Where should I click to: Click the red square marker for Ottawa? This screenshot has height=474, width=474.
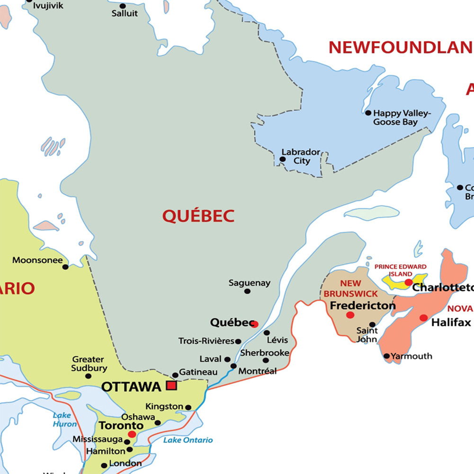point(171,385)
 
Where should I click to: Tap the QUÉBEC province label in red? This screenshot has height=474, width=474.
point(198,216)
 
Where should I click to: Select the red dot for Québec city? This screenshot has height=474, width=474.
point(255,324)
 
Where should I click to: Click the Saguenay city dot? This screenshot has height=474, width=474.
point(247,291)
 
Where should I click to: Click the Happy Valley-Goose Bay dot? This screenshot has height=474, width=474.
point(368,113)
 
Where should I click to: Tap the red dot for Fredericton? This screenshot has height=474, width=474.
point(350,315)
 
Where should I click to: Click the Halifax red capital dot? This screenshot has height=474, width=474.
point(423,318)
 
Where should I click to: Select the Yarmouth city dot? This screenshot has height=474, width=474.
point(387,356)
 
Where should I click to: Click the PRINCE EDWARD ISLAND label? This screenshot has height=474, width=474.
point(401,270)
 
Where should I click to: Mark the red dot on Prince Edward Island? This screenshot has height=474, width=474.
point(408,282)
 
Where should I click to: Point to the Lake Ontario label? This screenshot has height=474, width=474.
point(188,440)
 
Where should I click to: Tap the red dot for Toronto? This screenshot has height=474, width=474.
point(132,434)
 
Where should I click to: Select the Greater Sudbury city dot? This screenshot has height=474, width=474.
point(88,376)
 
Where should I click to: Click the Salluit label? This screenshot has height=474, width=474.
point(125,13)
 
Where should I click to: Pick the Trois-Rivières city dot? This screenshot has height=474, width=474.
point(238,341)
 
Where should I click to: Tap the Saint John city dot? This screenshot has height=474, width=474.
point(372,325)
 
